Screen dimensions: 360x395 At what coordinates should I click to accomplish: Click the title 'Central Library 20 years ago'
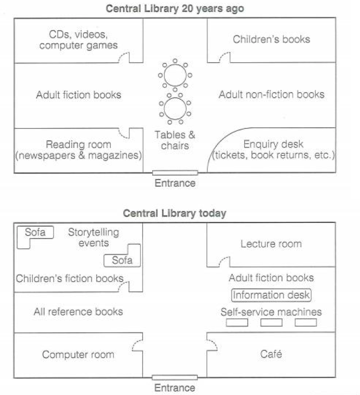pyautogui.click(x=175, y=8)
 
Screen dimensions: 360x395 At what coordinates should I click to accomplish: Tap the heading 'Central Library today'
pyautogui.click(x=175, y=214)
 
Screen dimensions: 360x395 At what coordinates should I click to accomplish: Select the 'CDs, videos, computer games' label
pyautogui.click(x=78, y=40)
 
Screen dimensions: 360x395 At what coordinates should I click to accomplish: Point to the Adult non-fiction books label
pyautogui.click(x=271, y=95)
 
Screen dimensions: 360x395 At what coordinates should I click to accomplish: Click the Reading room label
pyautogui.click(x=78, y=150)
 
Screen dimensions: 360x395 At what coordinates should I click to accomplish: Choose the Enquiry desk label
pyautogui.click(x=273, y=149)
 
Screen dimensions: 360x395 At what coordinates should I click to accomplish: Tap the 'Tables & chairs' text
pyautogui.click(x=175, y=140)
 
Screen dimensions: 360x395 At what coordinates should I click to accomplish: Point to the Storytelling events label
pyautogui.click(x=94, y=238)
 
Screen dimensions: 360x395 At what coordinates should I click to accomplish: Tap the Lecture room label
pyautogui.click(x=271, y=244)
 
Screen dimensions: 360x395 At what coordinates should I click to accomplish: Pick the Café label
pyautogui.click(x=271, y=354)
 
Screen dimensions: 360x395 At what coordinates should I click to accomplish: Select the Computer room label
pyautogui.click(x=78, y=354)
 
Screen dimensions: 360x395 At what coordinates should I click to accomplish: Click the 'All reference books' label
pyautogui.click(x=78, y=312)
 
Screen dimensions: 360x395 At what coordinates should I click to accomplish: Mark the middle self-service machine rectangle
pyautogui.click(x=271, y=322)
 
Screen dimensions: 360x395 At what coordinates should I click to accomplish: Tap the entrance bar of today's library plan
pyautogui.click(x=175, y=377)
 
